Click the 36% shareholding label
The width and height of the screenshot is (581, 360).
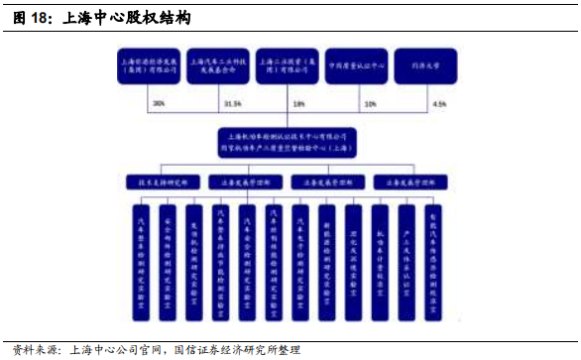tap(160, 103)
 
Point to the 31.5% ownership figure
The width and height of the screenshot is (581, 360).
tap(233, 103)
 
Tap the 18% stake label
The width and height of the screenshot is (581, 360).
tap(298, 103)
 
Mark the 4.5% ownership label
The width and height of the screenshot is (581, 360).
tap(439, 103)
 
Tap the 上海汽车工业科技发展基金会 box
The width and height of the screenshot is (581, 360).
tap(217, 66)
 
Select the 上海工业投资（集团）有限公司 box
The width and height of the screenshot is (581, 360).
tap(288, 66)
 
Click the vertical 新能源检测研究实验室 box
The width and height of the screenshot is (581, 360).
tap(327, 262)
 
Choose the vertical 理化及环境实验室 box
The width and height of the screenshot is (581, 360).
tap(354, 262)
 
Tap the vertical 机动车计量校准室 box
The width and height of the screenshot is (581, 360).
tap(380, 262)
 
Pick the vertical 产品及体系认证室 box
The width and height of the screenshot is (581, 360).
tap(407, 262)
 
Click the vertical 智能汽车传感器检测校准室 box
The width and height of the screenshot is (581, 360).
tap(433, 262)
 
